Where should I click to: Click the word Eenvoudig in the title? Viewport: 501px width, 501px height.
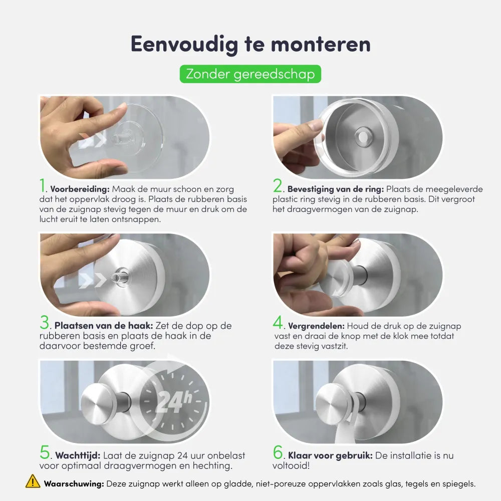click(x=184, y=45)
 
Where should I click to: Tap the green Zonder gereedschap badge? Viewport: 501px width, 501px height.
click(x=250, y=74)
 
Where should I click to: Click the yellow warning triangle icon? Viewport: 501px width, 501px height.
click(x=33, y=481)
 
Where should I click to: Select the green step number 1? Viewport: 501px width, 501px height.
click(x=43, y=186)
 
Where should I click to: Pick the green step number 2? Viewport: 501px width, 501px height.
click(x=278, y=186)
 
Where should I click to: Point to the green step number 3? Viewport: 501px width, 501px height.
click(x=45, y=322)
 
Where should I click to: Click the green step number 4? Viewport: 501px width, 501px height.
click(x=278, y=322)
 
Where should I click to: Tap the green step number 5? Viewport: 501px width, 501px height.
click(x=45, y=452)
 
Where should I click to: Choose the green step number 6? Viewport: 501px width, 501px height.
click(x=278, y=452)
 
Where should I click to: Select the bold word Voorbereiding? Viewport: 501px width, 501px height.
click(x=80, y=189)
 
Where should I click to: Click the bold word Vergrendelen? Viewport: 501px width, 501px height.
click(x=316, y=326)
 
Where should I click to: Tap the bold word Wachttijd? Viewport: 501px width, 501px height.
click(x=78, y=455)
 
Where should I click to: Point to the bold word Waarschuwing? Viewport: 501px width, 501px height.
click(x=74, y=484)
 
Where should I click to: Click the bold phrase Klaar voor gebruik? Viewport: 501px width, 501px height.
click(x=330, y=455)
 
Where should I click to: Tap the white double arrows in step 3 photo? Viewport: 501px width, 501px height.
click(x=93, y=281)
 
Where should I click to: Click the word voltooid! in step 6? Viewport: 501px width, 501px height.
click(x=291, y=465)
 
